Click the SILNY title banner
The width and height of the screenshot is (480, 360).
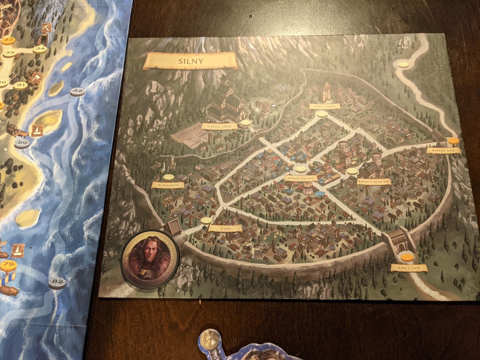[191, 61]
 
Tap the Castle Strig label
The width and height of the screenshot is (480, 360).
[219, 126]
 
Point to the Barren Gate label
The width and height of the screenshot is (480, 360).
[443, 150]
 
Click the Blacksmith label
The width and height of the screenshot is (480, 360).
[168, 185]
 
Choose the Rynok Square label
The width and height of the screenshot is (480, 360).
[301, 178]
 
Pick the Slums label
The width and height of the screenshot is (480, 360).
[225, 228]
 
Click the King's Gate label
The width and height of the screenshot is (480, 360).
[409, 268]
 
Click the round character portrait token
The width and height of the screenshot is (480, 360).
[150, 259]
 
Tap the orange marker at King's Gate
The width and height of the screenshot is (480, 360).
[407, 258]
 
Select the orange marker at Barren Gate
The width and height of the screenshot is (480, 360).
[453, 141]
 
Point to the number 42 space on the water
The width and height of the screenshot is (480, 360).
[77, 92]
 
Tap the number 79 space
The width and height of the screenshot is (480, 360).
[8, 265]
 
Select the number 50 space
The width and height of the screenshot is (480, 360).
[22, 143]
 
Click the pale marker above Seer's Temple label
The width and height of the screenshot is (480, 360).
[322, 114]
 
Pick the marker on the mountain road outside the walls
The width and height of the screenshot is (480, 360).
[403, 65]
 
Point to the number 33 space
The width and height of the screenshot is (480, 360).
[8, 41]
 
